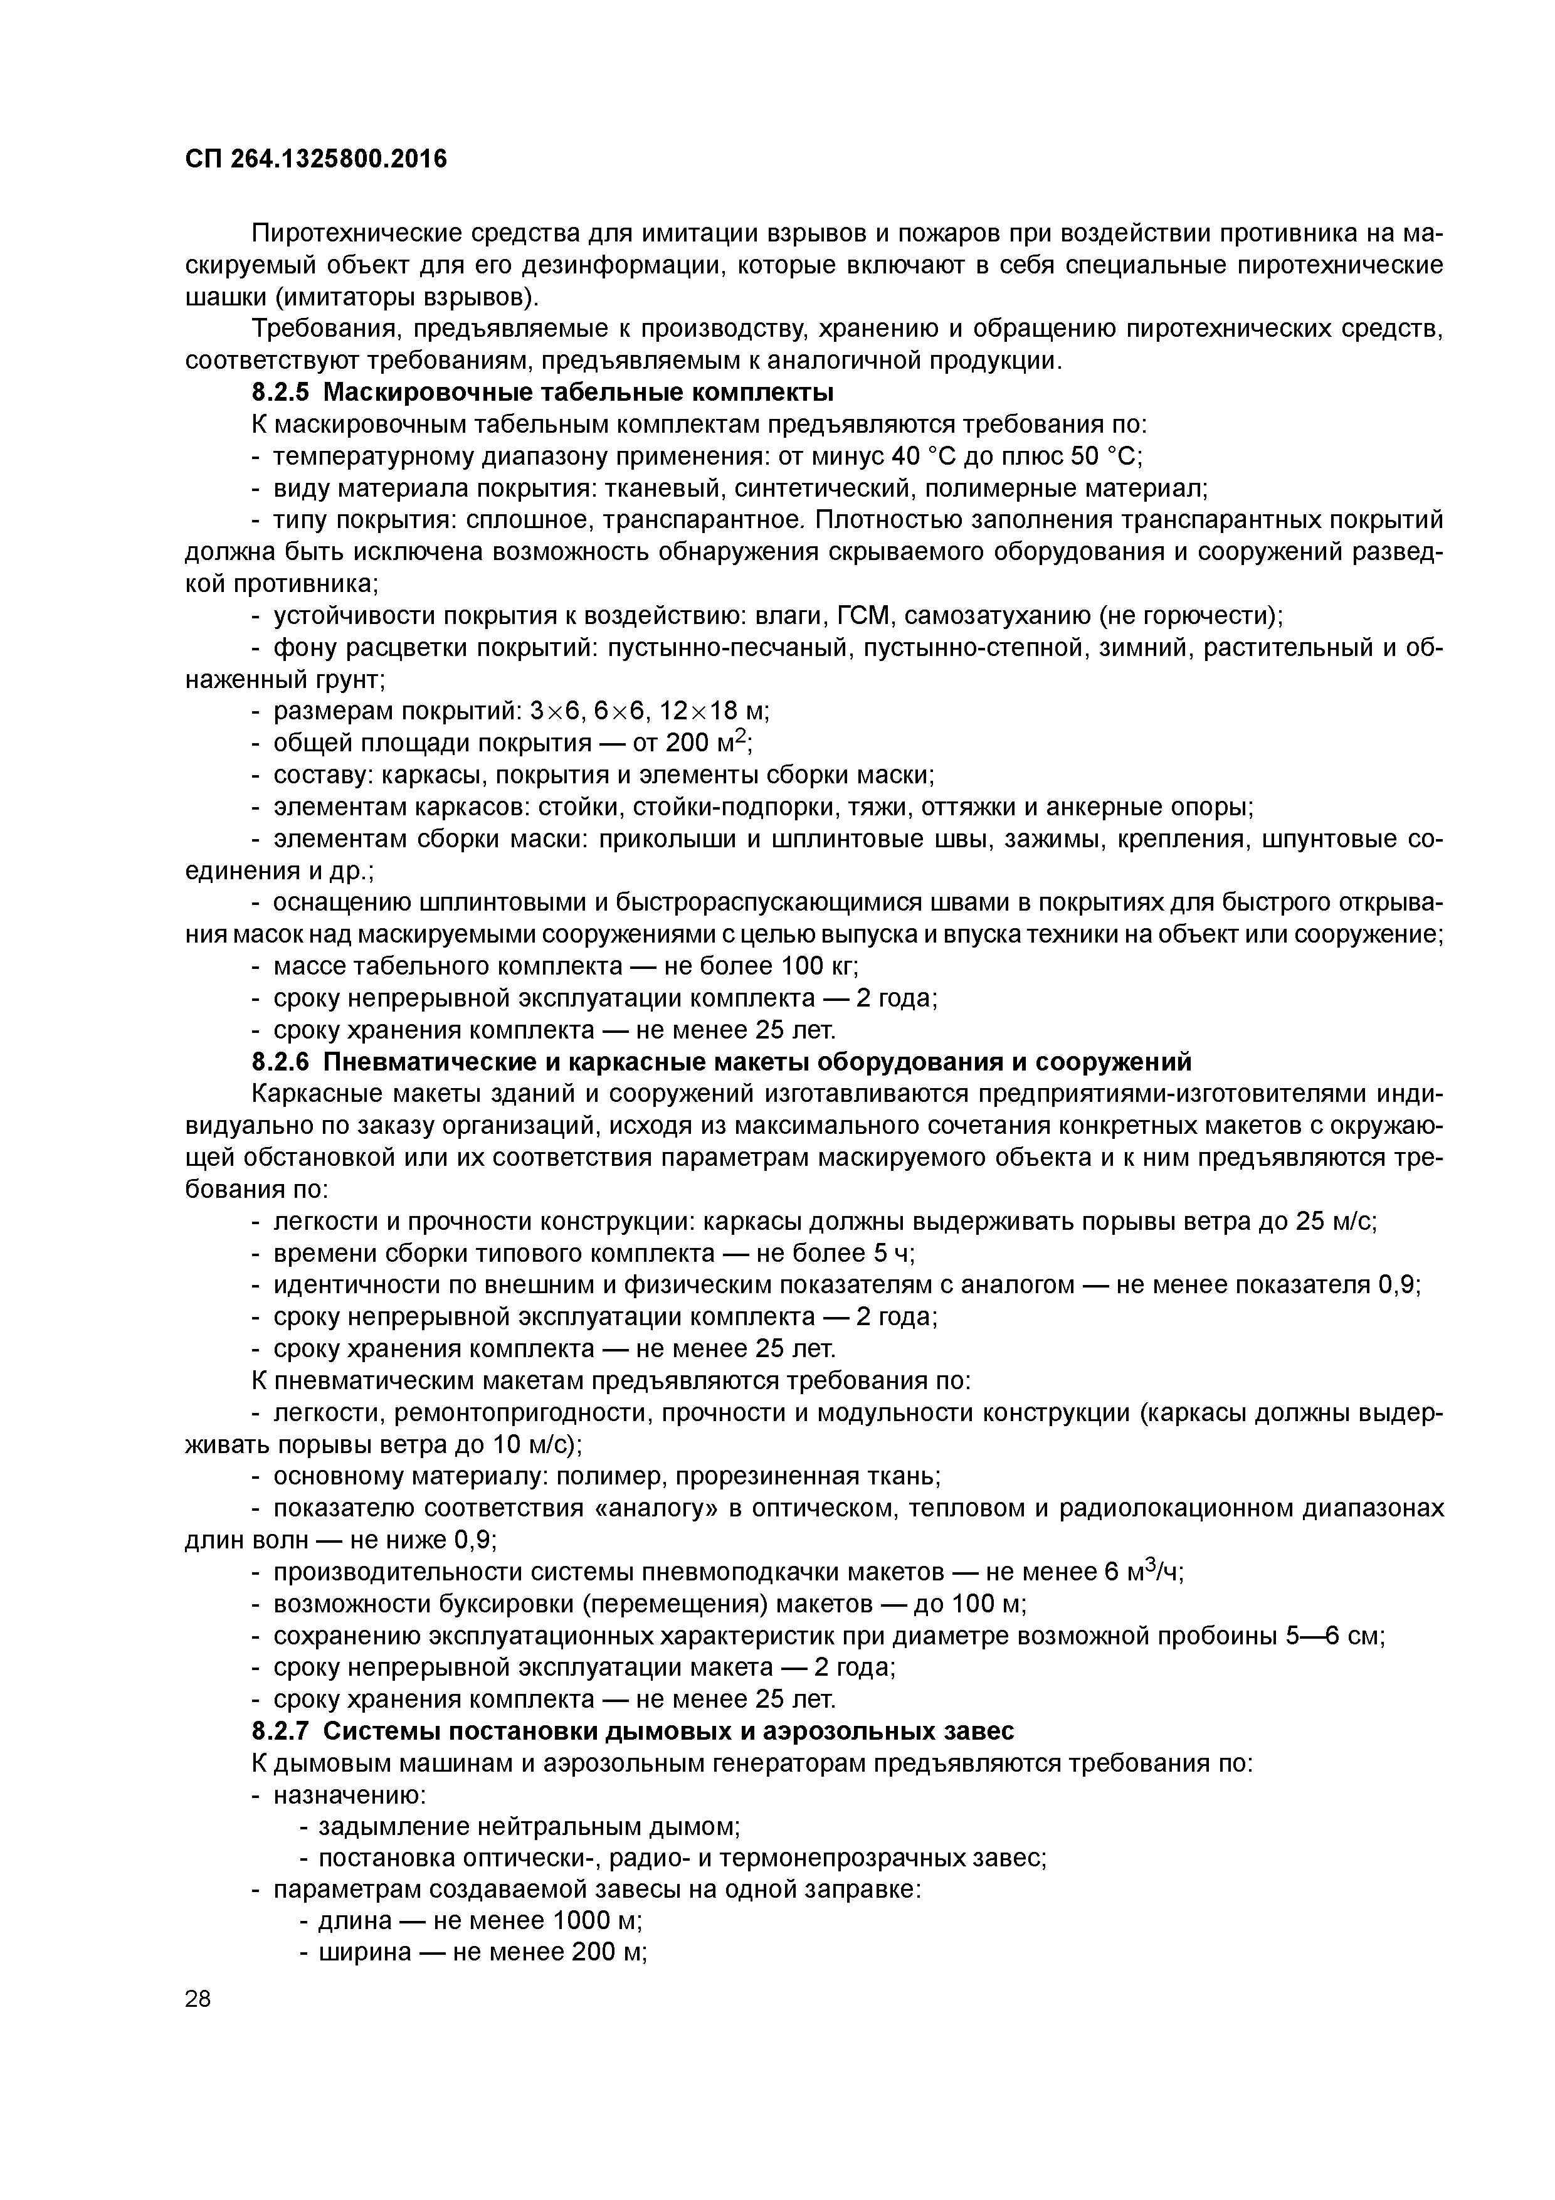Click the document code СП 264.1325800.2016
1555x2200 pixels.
pyautogui.click(x=315, y=159)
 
